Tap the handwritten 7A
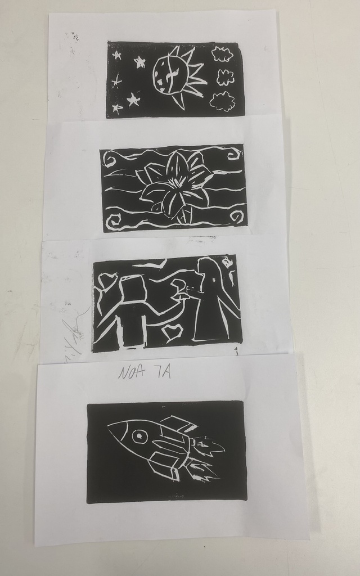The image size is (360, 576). click(161, 372)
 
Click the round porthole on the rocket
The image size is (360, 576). click(138, 435)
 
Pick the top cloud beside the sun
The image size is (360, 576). click(222, 55)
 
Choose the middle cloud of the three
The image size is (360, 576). click(225, 78)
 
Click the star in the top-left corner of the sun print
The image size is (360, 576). click(117, 55)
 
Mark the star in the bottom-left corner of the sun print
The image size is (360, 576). click(117, 108)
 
